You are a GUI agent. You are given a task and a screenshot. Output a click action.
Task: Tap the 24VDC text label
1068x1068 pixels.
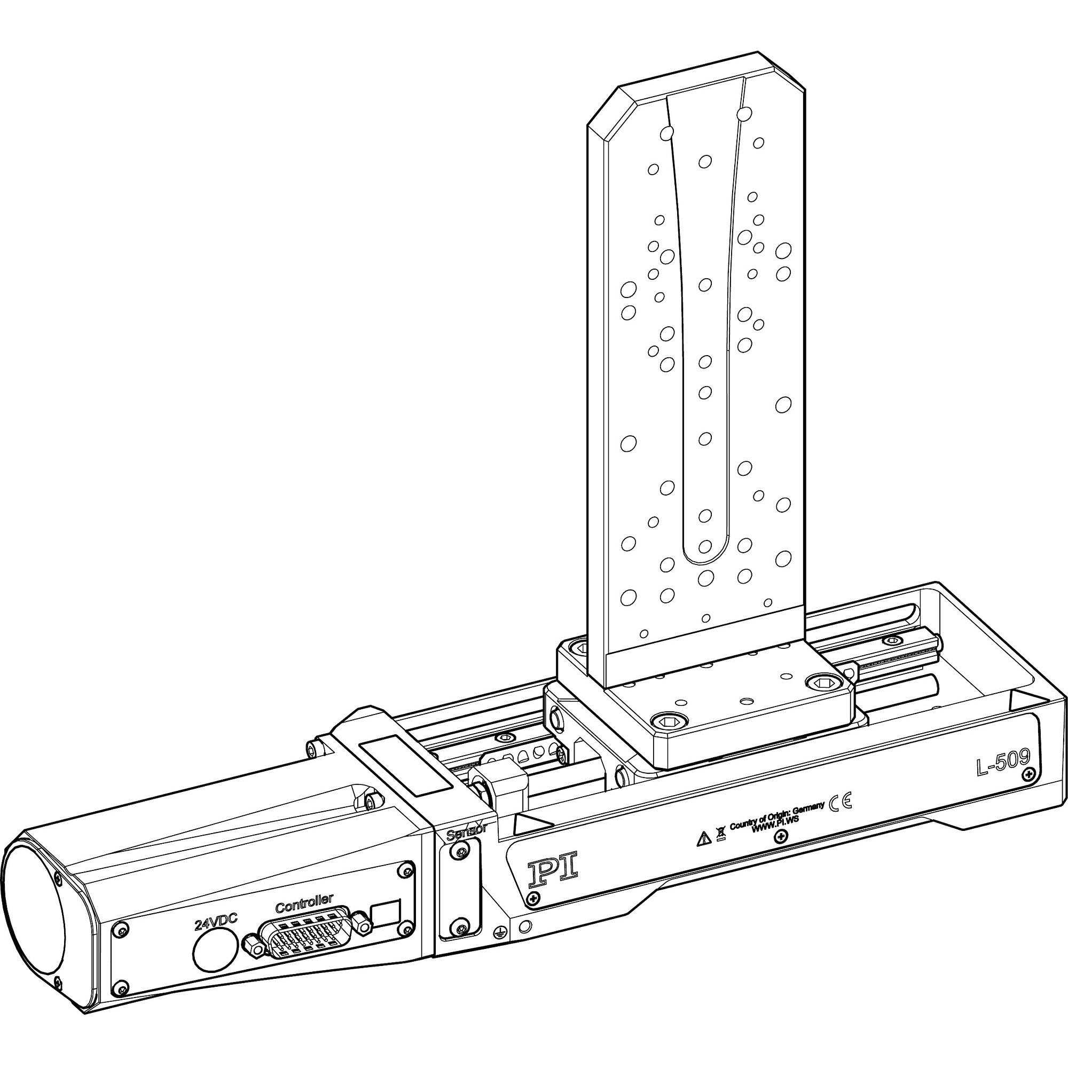(x=216, y=922)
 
